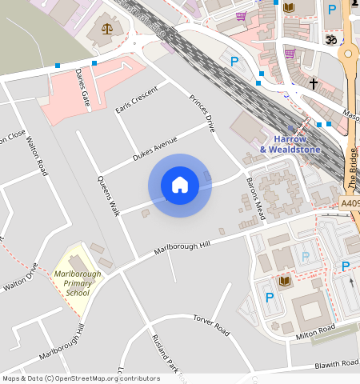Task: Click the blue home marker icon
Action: click(x=180, y=186)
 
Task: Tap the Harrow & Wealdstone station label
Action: click(x=290, y=143)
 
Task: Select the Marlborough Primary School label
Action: click(x=77, y=282)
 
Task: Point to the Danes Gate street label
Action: click(x=82, y=87)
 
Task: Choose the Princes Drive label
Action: click(x=203, y=113)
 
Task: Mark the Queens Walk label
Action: click(x=108, y=195)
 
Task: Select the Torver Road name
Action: click(x=211, y=324)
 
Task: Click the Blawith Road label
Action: click(x=336, y=364)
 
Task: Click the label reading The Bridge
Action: click(x=353, y=167)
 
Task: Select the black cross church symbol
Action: click(x=314, y=83)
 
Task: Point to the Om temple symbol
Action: click(x=329, y=38)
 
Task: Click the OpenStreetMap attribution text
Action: click(x=81, y=378)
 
